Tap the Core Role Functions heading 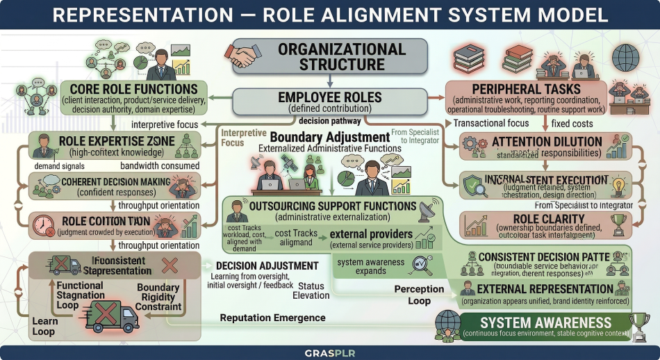pos(133,89)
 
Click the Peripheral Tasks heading pos(527,90)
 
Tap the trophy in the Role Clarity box pos(616,223)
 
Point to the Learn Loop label pos(44,326)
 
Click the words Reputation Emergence pos(272,318)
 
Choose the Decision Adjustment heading pos(267,265)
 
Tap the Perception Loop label pos(419,295)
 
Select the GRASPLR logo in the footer pos(330,352)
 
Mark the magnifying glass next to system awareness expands pos(420,263)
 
